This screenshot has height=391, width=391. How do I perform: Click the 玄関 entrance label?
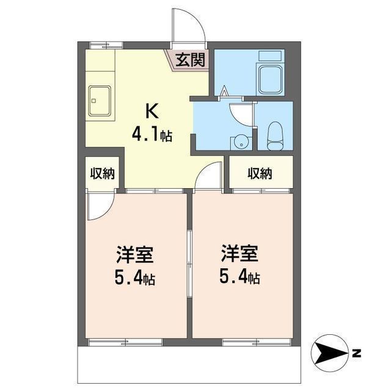point(189,60)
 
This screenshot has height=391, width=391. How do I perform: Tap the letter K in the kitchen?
point(151,111)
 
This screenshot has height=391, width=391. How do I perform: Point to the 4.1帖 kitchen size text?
point(152,134)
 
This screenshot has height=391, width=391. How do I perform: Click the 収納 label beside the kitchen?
point(102,174)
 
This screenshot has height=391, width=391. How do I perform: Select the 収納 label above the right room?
point(260,174)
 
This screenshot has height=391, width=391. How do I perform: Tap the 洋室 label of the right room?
point(239,253)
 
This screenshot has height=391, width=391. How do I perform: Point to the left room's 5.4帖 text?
point(134,279)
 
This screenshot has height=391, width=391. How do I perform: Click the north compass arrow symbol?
point(330,353)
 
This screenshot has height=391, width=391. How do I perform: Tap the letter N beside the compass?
point(356,353)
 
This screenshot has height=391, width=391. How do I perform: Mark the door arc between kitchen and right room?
point(208,177)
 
